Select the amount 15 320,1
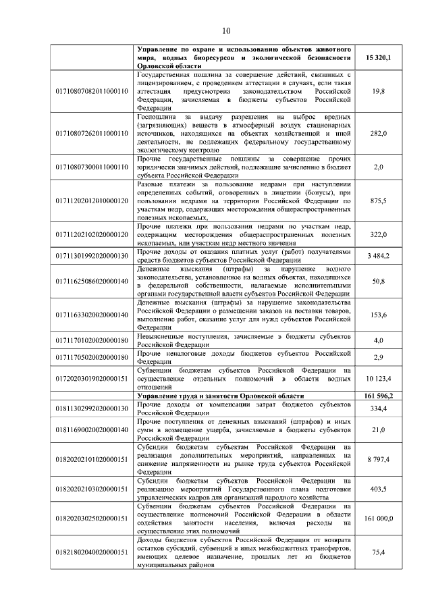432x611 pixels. click(379, 59)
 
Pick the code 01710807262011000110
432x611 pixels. click(91, 134)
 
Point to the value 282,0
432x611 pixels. click(379, 134)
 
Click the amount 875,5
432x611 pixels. click(379, 201)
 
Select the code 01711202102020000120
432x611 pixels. click(91, 234)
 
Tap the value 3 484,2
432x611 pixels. click(379, 257)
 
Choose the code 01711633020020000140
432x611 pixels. click(91, 315)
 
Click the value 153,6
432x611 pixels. click(379, 315)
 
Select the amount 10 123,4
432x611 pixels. click(379, 379)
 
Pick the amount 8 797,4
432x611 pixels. click(379, 459)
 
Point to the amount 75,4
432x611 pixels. click(379, 552)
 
